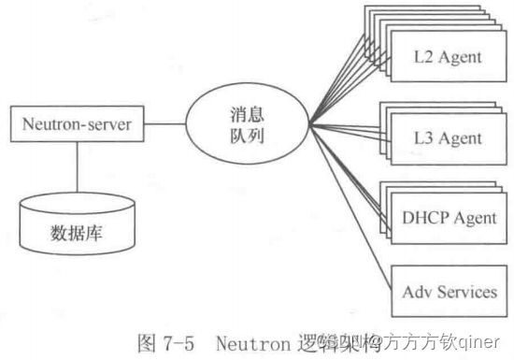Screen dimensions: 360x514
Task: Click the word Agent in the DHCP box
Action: pos(476,218)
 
